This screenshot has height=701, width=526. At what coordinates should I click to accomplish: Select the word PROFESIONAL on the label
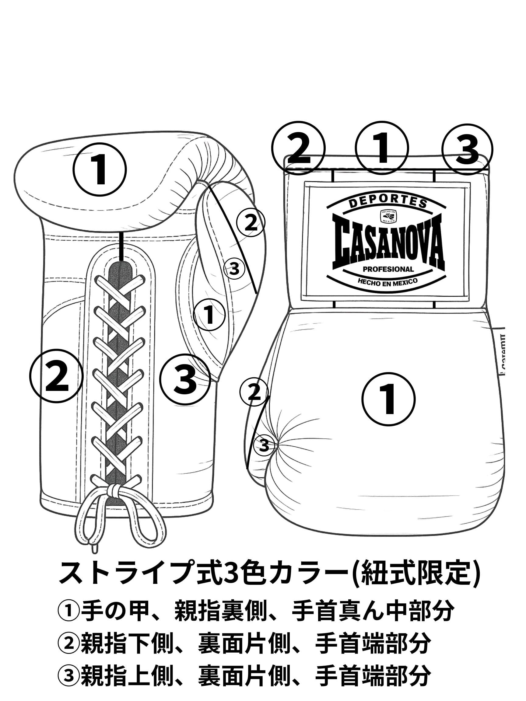click(x=388, y=269)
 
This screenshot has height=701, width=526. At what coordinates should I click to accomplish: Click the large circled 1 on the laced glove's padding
click(x=100, y=169)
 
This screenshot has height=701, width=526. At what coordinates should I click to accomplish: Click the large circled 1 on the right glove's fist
click(x=388, y=399)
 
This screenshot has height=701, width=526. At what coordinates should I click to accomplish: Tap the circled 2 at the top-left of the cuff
click(x=298, y=148)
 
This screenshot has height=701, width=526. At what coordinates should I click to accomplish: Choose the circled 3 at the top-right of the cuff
click(x=467, y=149)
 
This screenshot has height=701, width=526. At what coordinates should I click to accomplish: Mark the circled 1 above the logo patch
click(x=382, y=148)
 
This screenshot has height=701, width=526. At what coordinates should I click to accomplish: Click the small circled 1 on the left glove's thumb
click(x=209, y=315)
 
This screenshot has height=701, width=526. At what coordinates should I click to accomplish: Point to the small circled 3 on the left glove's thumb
click(x=234, y=269)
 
